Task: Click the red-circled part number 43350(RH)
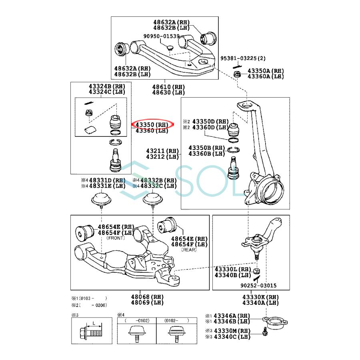(x=152, y=124)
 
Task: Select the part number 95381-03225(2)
(x=243, y=58)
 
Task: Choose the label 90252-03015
(x=258, y=286)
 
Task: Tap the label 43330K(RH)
(x=260, y=297)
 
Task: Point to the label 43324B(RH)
(x=107, y=86)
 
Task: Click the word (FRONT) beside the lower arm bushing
(x=115, y=238)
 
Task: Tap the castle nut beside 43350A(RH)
(x=237, y=74)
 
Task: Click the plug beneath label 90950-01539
(x=170, y=48)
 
